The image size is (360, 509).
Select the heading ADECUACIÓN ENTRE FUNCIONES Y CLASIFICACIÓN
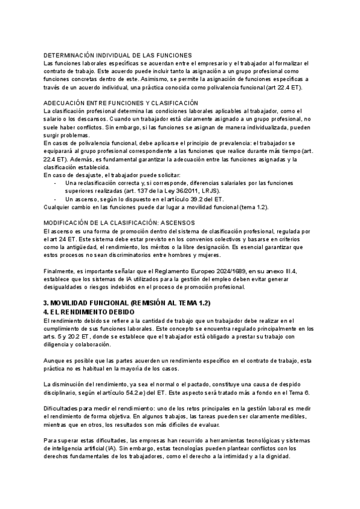121,103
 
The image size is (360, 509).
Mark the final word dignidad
277,456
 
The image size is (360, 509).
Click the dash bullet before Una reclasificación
55,182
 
